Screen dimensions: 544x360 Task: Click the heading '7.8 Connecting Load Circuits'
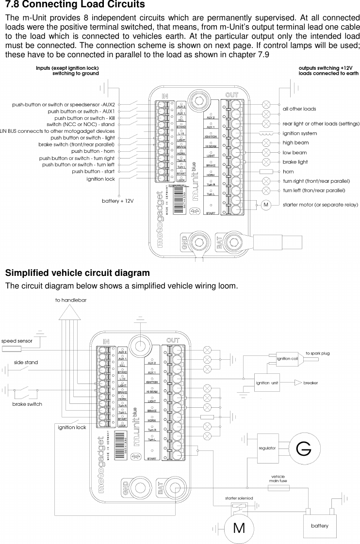tap(75, 5)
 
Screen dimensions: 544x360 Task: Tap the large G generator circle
tap(303, 449)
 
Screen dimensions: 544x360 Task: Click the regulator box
tap(267, 448)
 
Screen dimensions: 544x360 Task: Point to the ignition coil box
tap(287, 358)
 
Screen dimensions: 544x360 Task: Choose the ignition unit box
tap(267, 383)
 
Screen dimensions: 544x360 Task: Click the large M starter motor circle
tap(239, 528)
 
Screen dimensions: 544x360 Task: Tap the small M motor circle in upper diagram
tap(265, 205)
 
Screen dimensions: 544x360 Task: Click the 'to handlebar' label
tap(71, 300)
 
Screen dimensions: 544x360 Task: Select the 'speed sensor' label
tap(17, 341)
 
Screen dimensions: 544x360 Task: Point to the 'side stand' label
tap(26, 362)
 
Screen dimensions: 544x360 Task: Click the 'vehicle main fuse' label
tap(278, 479)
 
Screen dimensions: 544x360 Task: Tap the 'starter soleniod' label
tap(239, 498)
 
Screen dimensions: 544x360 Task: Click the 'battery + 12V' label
tap(117, 200)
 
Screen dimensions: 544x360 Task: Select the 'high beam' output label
tap(295, 143)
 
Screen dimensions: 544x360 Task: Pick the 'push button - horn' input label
tap(93, 151)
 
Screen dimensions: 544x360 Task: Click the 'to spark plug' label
tap(317, 353)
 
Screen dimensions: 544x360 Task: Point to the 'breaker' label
tap(311, 383)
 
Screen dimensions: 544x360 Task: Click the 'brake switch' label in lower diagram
tap(27, 404)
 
